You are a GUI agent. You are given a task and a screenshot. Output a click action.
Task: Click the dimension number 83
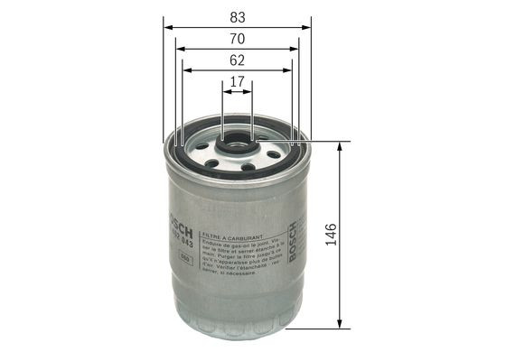pyautogui.click(x=237, y=15)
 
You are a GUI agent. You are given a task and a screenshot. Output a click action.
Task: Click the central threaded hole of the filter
pyautogui.click(x=238, y=142)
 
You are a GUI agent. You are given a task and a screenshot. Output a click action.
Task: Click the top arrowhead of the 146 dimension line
pyautogui.click(x=340, y=147)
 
